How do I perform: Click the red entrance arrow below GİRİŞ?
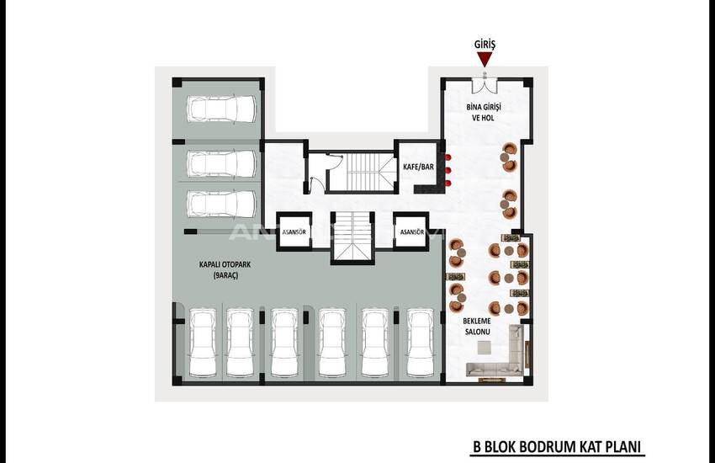click(x=485, y=59)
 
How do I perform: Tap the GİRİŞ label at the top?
click(x=485, y=45)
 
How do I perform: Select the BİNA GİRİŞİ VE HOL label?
click(x=484, y=112)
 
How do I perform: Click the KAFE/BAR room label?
click(x=418, y=167)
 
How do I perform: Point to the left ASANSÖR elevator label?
click(x=294, y=232)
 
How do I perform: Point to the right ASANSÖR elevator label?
click(x=412, y=232)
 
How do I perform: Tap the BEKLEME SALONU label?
click(x=477, y=326)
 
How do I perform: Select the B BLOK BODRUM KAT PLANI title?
click(x=557, y=446)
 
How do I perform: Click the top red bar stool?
click(x=448, y=157)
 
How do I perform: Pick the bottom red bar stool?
click(x=448, y=184)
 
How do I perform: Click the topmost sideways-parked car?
click(x=221, y=109)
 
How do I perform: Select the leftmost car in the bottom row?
click(x=203, y=343)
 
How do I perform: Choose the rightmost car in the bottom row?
click(x=420, y=343)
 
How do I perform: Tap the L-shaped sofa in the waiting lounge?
click(x=496, y=353)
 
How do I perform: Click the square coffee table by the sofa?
click(x=485, y=348)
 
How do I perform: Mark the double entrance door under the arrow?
click(x=485, y=85)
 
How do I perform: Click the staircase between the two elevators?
click(x=352, y=237)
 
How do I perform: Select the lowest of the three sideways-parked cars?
click(x=221, y=204)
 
